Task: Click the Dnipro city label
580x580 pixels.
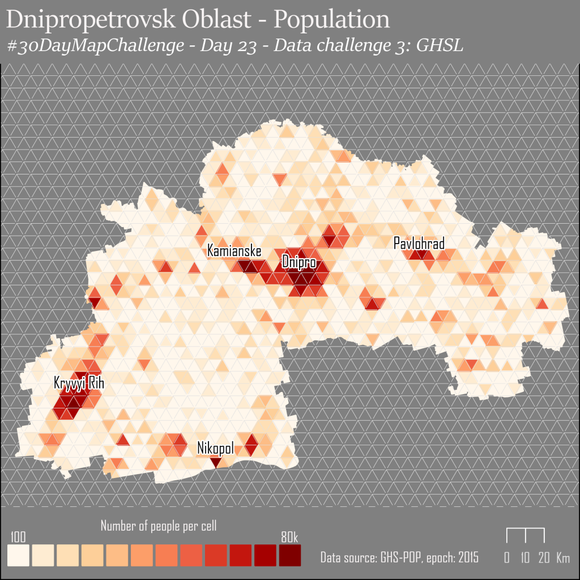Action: (x=298, y=263)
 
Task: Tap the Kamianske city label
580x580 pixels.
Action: (x=234, y=250)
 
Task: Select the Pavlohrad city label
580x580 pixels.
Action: (x=419, y=244)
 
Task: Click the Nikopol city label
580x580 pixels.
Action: (x=215, y=449)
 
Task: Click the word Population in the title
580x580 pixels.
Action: (x=332, y=20)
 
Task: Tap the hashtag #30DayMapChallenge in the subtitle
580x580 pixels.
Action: (x=96, y=46)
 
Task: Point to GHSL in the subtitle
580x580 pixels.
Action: (x=440, y=46)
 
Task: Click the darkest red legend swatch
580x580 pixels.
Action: (x=289, y=555)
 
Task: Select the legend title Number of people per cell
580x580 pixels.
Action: (x=159, y=526)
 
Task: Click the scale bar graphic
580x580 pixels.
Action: (x=525, y=535)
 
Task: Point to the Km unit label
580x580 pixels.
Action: (x=563, y=557)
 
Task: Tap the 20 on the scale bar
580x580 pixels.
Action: (x=544, y=557)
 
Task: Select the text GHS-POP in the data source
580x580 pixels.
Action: (x=395, y=557)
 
